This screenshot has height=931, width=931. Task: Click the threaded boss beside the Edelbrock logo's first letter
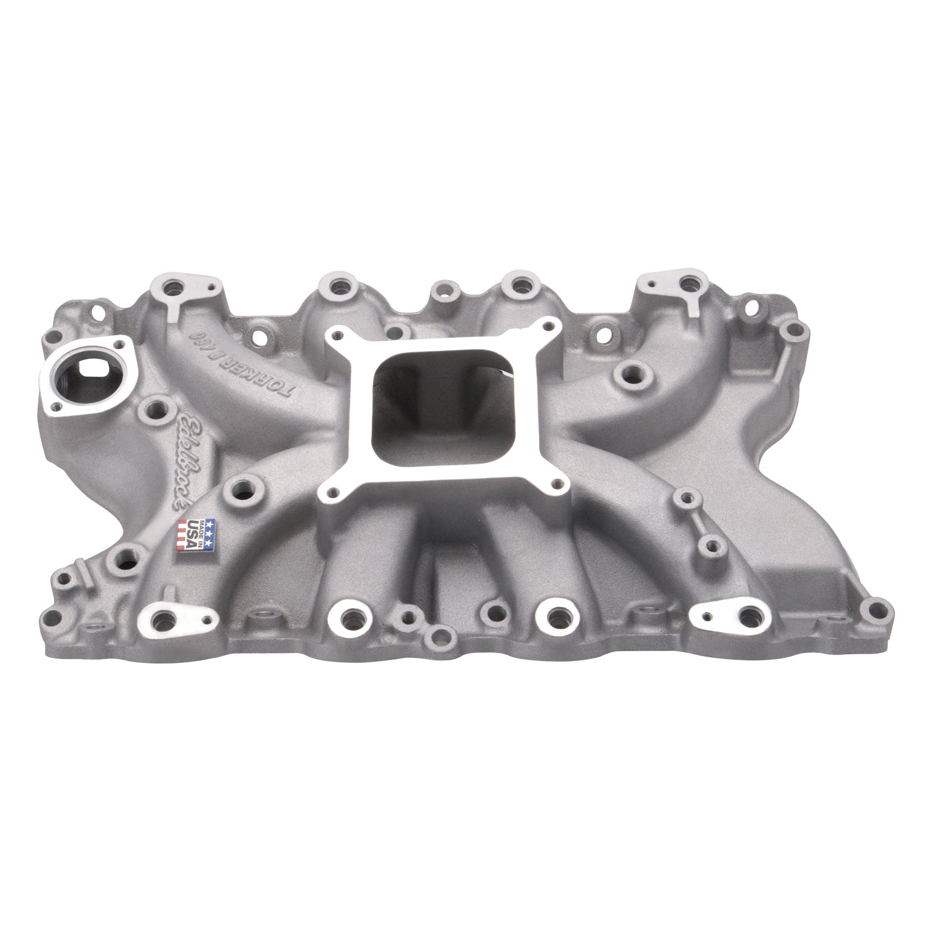[153, 409]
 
